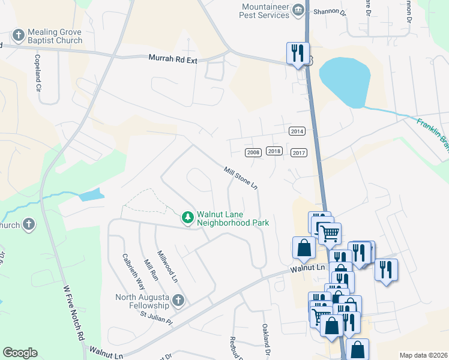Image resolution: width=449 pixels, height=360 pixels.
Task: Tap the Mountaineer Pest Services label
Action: [x=266, y=10]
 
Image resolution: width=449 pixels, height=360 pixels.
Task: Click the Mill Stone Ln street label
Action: [x=241, y=179]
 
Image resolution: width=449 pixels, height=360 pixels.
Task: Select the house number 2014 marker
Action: [x=297, y=131]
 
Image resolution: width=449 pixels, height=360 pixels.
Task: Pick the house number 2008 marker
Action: [x=253, y=152]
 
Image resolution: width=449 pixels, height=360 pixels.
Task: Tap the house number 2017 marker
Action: [x=298, y=153]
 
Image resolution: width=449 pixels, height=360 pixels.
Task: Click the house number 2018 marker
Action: [x=274, y=151]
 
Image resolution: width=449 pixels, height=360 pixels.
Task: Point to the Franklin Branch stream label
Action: [x=433, y=133]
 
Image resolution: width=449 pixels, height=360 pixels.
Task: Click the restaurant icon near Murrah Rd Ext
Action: [x=298, y=53]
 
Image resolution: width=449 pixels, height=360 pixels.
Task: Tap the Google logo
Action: [x=20, y=353]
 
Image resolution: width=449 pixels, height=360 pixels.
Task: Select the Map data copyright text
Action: [x=423, y=355]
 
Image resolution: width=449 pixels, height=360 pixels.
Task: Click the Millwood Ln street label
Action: [x=167, y=267]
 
